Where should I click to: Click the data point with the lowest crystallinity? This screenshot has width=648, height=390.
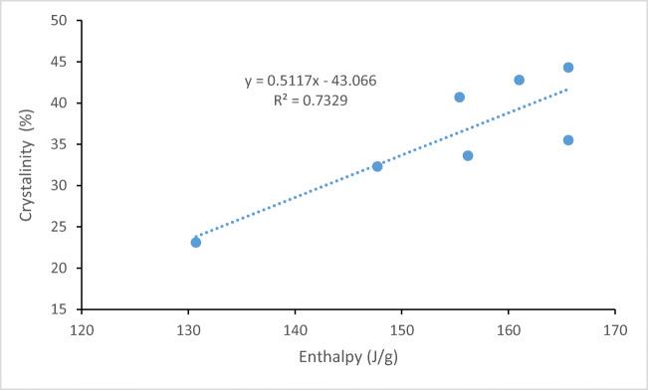[x=196, y=242]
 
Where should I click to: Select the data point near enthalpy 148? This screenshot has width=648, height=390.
[x=377, y=166]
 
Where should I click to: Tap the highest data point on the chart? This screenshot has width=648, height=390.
[x=568, y=68]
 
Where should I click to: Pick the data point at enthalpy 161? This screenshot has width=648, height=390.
[x=520, y=80]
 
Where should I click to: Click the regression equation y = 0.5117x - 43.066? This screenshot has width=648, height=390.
[x=311, y=81]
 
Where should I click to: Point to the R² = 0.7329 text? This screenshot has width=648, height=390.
[x=311, y=100]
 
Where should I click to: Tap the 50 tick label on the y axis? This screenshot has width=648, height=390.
[x=61, y=20]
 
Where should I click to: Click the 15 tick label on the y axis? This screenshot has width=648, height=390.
[x=61, y=309]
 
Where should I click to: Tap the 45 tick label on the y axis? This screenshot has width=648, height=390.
[x=61, y=62]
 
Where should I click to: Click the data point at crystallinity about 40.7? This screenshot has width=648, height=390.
[x=460, y=97]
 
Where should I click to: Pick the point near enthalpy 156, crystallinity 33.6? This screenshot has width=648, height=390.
[x=468, y=155]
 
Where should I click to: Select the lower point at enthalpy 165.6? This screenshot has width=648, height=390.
[x=568, y=140]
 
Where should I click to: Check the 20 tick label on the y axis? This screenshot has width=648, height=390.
[x=61, y=269]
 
